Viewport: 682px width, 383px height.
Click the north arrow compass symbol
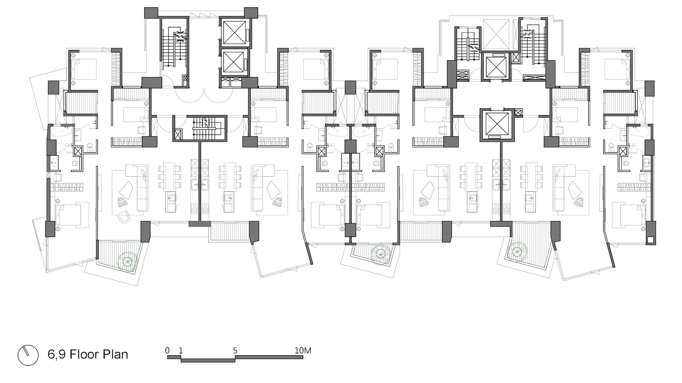click(x=28, y=355)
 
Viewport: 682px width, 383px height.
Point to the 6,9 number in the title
click(x=57, y=355)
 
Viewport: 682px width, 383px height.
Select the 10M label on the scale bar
click(x=303, y=350)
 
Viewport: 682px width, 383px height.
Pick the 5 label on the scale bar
click(x=235, y=350)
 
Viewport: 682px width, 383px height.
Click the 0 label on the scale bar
click(x=167, y=350)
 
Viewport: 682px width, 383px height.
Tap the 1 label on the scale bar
click(x=181, y=350)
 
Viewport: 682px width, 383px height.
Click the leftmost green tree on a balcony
click(x=128, y=262)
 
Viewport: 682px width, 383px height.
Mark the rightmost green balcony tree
click(x=517, y=252)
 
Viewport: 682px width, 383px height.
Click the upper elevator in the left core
click(x=234, y=33)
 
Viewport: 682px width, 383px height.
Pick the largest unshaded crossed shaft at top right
click(x=496, y=34)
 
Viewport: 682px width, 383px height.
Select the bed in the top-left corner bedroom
click(x=84, y=70)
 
